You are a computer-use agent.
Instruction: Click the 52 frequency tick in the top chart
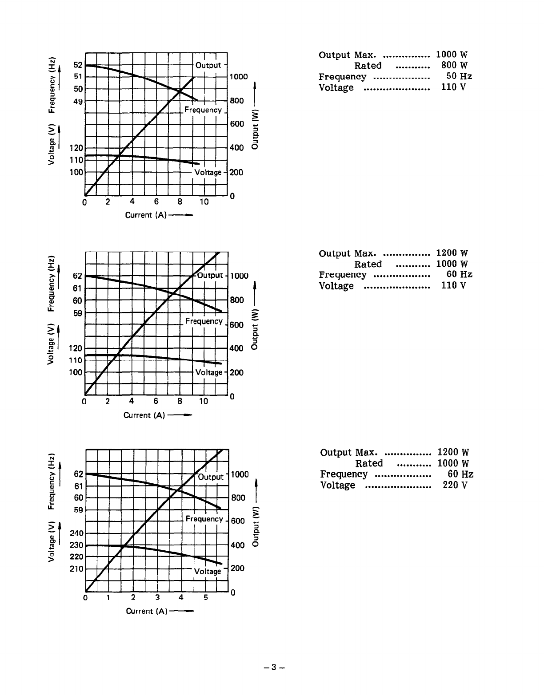pos(78,65)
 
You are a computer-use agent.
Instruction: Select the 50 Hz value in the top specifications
pos(459,76)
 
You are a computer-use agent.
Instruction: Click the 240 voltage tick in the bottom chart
pos(76,533)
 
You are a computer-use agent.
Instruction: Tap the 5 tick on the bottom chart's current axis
pos(206,597)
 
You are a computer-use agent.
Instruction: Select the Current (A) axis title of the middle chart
pos(144,415)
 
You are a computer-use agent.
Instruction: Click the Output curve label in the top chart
pos(208,65)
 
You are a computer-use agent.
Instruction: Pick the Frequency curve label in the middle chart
pos(204,321)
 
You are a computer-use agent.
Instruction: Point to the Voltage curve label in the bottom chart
pos(208,571)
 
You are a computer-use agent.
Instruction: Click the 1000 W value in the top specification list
pos(452,55)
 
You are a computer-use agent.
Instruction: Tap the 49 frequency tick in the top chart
pos(78,101)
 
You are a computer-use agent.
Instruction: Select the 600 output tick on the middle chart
pos(236,325)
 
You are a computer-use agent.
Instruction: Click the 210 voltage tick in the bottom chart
pos(76,569)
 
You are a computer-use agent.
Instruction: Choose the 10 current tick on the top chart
pos(204,202)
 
